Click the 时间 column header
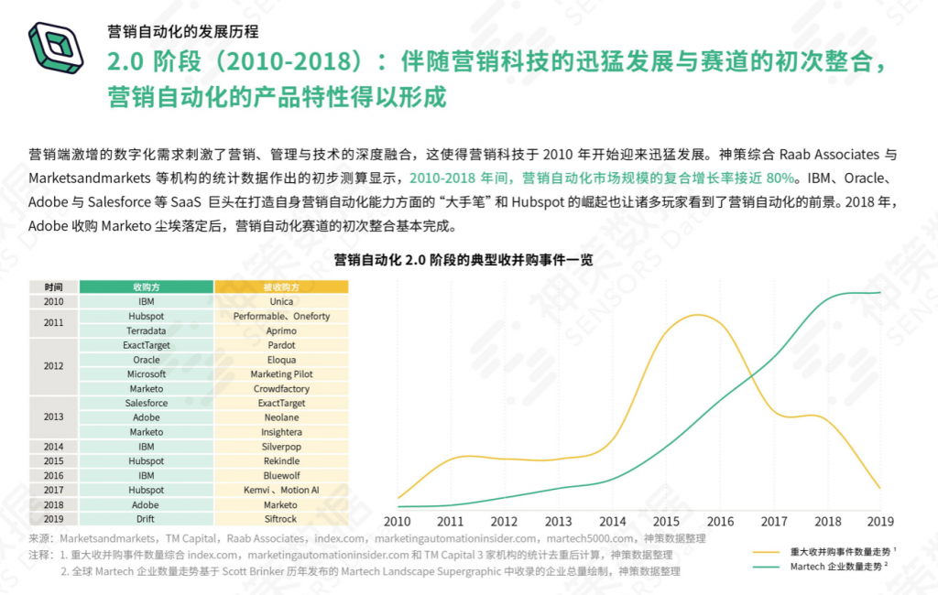tap(53, 287)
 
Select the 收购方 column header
tap(147, 287)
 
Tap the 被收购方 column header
tap(281, 287)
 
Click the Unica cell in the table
tap(281, 301)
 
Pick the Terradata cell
tap(147, 330)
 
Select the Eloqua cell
tap(281, 360)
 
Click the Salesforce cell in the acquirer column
tap(147, 403)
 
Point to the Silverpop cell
tap(281, 447)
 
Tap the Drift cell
tap(147, 519)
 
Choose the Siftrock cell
tap(281, 519)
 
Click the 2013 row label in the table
tap(53, 417)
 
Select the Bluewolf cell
tap(281, 476)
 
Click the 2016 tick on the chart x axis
tap(721, 522)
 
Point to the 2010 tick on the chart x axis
tap(398, 522)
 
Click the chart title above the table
tap(469, 260)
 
